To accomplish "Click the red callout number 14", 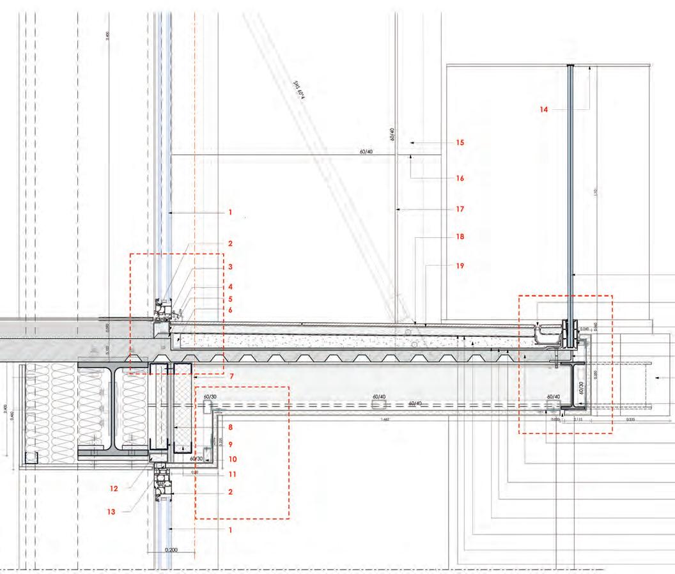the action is tap(544, 110).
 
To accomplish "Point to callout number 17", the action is tap(460, 209).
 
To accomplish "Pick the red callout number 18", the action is tap(460, 237).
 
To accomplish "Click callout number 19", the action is tap(460, 265).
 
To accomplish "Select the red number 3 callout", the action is tap(229, 267).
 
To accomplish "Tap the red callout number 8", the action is tap(229, 427).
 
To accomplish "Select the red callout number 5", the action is tap(229, 299).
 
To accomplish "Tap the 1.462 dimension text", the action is tap(385, 420).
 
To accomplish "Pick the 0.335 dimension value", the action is tap(630, 420).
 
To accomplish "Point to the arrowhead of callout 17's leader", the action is tap(398, 209).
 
